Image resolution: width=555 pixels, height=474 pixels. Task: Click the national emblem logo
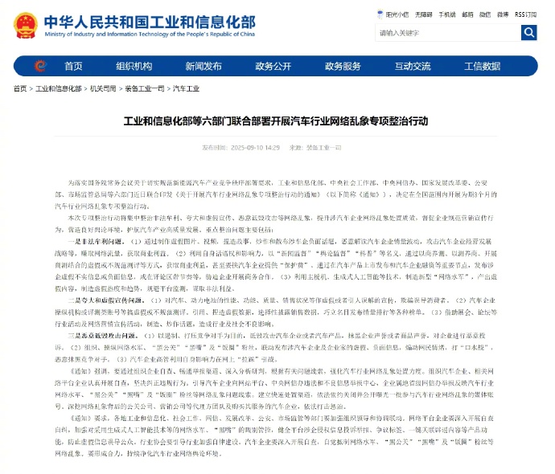point(26,24)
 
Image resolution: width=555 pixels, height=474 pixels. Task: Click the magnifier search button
point(528,33)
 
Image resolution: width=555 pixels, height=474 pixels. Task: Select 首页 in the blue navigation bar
point(73,66)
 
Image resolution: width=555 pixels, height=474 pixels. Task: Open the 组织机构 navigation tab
point(134,66)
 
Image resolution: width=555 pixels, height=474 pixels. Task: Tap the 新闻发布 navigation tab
point(203,66)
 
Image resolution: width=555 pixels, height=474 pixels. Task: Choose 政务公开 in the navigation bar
point(273,66)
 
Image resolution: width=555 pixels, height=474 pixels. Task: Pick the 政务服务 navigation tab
point(342,66)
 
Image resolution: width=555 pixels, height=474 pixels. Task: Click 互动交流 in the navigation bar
point(411,66)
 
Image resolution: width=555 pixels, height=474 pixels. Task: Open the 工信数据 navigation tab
point(481,66)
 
